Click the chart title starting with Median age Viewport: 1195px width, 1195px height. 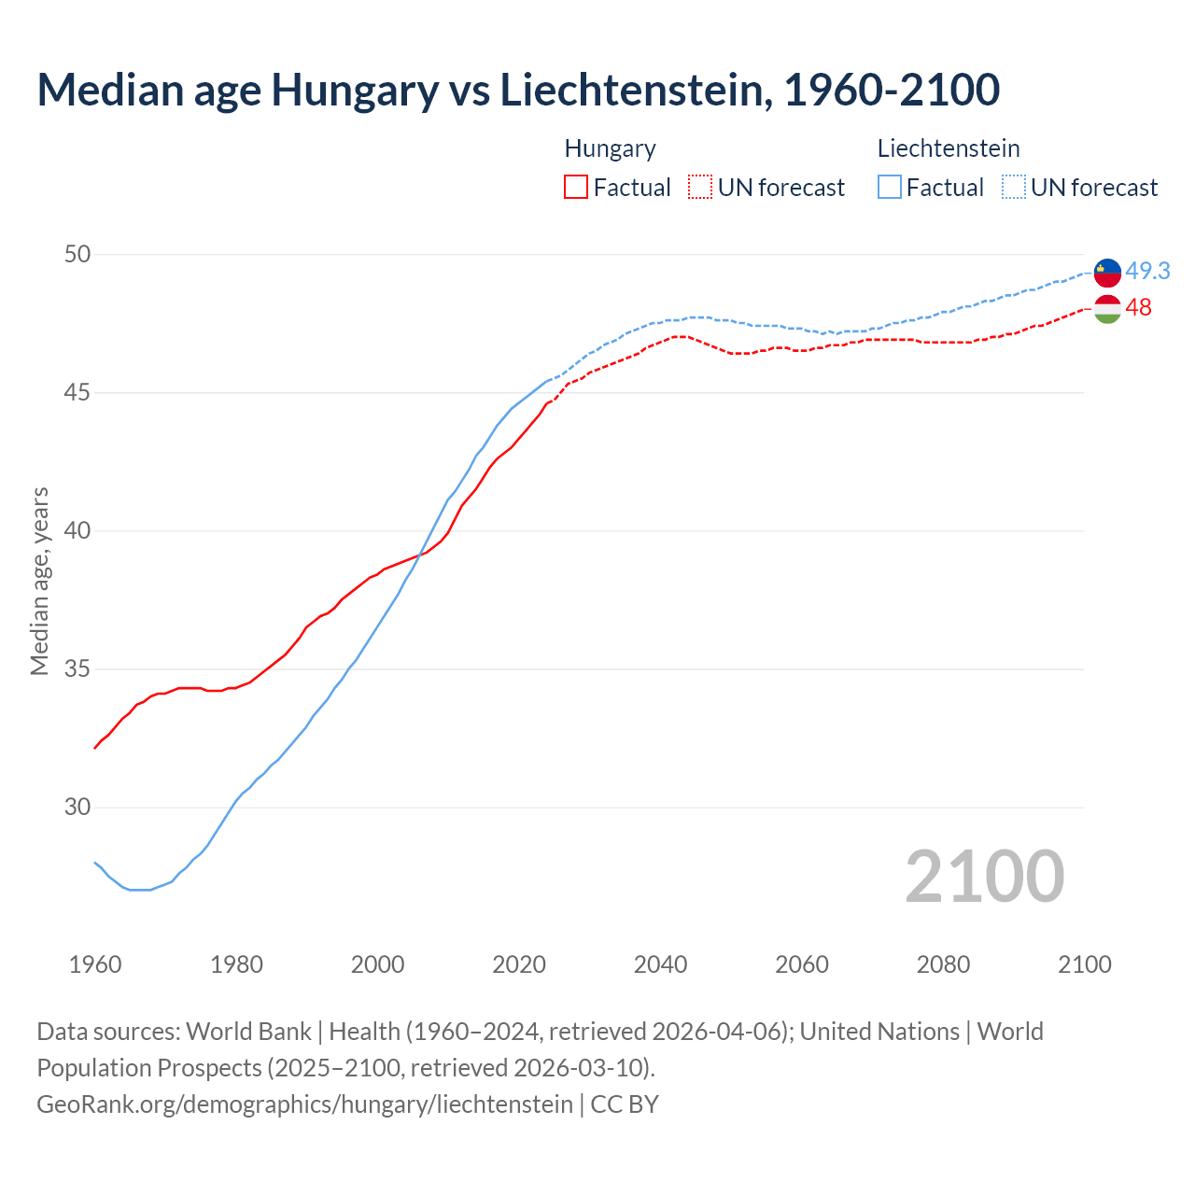click(x=518, y=90)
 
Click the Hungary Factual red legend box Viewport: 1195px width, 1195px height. click(x=576, y=188)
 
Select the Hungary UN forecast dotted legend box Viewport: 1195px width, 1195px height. click(x=700, y=188)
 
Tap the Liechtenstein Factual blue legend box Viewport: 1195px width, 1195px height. click(x=890, y=188)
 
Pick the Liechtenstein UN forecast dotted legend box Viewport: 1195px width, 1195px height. click(x=1014, y=188)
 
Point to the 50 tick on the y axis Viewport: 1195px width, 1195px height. click(x=77, y=254)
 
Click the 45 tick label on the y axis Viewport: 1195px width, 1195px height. click(x=77, y=392)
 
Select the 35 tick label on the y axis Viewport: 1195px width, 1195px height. click(x=77, y=669)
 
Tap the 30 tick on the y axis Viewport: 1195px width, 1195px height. click(x=77, y=808)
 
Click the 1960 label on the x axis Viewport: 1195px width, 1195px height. click(x=95, y=964)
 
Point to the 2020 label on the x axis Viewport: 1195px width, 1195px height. click(x=519, y=964)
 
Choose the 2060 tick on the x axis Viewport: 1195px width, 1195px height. click(x=802, y=964)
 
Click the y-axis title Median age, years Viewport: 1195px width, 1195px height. click(x=39, y=581)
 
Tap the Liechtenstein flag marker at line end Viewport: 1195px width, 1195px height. click(x=1107, y=273)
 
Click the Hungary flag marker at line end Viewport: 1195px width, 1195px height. click(x=1107, y=309)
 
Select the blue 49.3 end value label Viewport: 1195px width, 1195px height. click(x=1147, y=271)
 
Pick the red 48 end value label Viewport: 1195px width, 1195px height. click(x=1139, y=307)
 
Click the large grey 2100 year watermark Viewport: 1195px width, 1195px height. click(x=985, y=876)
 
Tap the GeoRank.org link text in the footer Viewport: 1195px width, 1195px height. click(x=304, y=1104)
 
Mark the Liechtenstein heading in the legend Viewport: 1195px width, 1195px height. click(x=949, y=148)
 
